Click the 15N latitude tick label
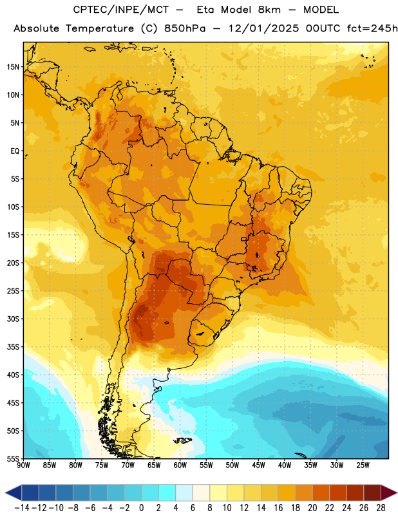(x=13, y=67)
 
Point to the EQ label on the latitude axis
(x=15, y=151)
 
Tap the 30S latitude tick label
(x=13, y=319)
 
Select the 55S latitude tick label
(x=13, y=459)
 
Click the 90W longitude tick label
(x=24, y=465)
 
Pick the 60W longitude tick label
(x=180, y=465)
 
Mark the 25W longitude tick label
(x=363, y=465)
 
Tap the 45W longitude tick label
(x=259, y=465)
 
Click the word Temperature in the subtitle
(x=100, y=28)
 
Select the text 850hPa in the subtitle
(x=185, y=28)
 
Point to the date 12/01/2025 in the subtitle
(x=264, y=28)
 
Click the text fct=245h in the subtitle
(x=372, y=28)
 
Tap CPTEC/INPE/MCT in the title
(x=121, y=10)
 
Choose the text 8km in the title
(x=269, y=10)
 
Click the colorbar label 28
(x=381, y=508)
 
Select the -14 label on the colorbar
(x=22, y=508)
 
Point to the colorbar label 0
(x=141, y=508)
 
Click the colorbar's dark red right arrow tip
(x=397, y=492)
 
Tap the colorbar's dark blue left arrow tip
(x=5, y=492)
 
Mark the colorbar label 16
(x=278, y=508)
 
